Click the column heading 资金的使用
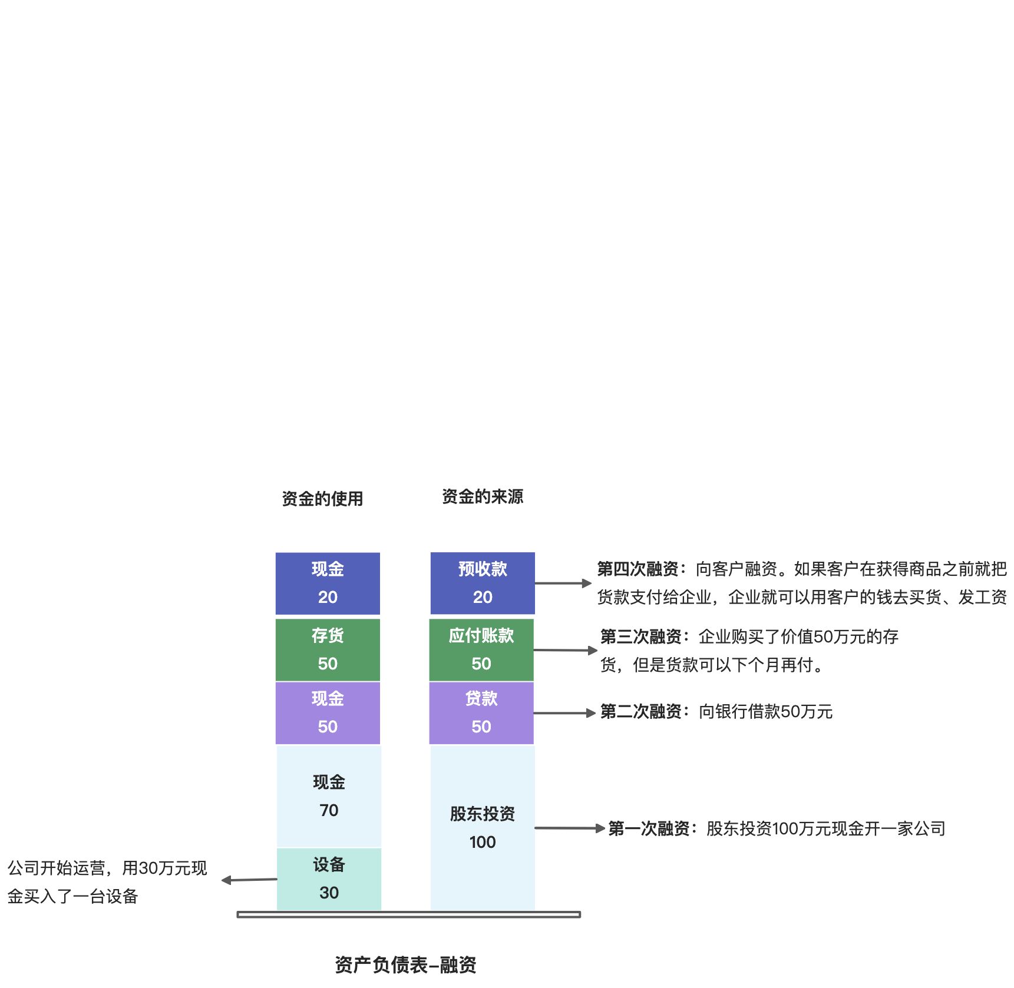[x=322, y=499]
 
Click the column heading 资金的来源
[x=483, y=496]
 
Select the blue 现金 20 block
[x=328, y=583]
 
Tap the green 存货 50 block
[x=328, y=649]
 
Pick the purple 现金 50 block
[x=328, y=712]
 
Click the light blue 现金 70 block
[x=329, y=796]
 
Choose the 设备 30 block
[x=329, y=878]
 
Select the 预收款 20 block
[x=483, y=583]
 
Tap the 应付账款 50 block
[x=481, y=649]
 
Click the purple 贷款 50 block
[x=481, y=712]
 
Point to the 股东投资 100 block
[x=483, y=827]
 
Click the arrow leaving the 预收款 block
[x=563, y=583]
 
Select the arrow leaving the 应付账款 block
[x=565, y=650]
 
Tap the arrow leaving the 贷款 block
[x=564, y=713]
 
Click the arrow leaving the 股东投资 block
[x=569, y=828]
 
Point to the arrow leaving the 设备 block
[x=249, y=880]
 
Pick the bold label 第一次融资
[x=649, y=828]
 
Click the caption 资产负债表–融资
[x=405, y=964]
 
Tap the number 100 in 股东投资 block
[x=483, y=842]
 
